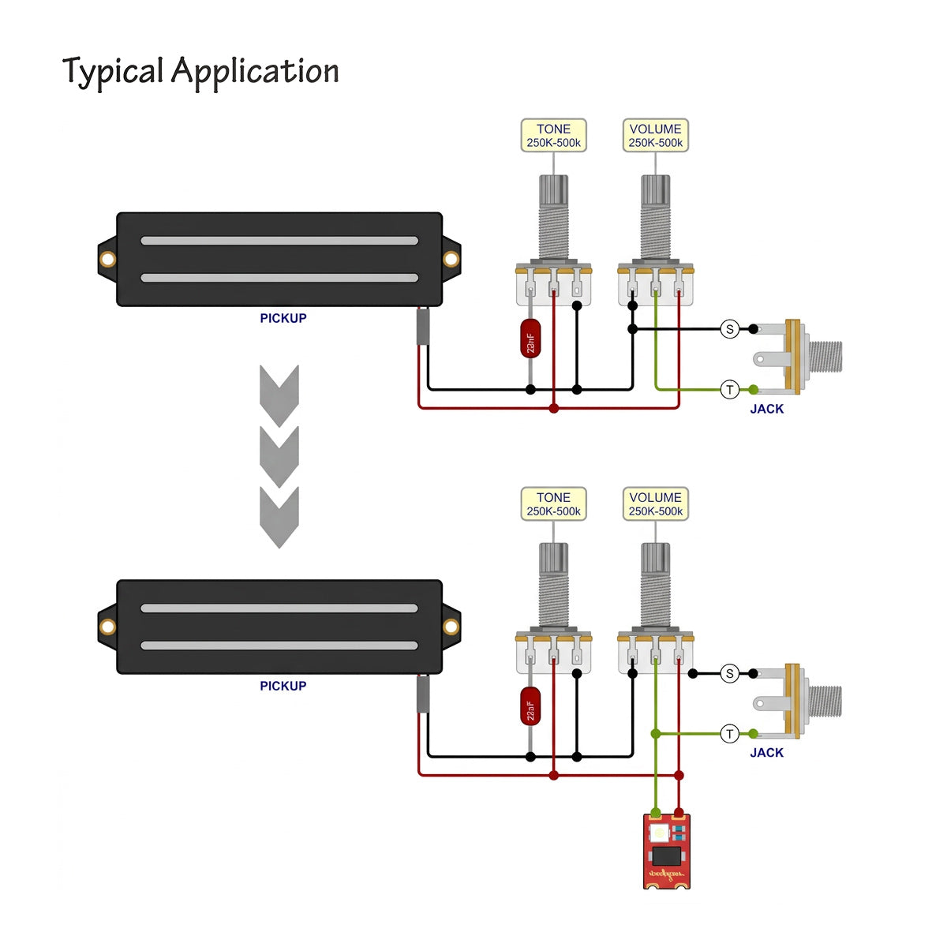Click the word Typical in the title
[112, 72]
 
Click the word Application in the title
[255, 72]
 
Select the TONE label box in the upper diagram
[553, 136]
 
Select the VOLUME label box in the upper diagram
[655, 136]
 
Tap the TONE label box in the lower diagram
[553, 504]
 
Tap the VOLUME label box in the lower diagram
[655, 504]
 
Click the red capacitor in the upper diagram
[530, 339]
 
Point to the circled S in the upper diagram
[729, 329]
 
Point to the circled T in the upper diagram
[729, 389]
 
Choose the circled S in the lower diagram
[729, 673]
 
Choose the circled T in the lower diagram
[729, 734]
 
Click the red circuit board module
[667, 851]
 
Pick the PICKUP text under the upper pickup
[283, 318]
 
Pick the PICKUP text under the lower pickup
[283, 686]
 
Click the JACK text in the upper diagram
[766, 409]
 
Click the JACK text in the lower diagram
[766, 753]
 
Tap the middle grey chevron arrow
[279, 456]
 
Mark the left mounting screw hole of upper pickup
[107, 260]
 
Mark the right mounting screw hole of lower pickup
[451, 627]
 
